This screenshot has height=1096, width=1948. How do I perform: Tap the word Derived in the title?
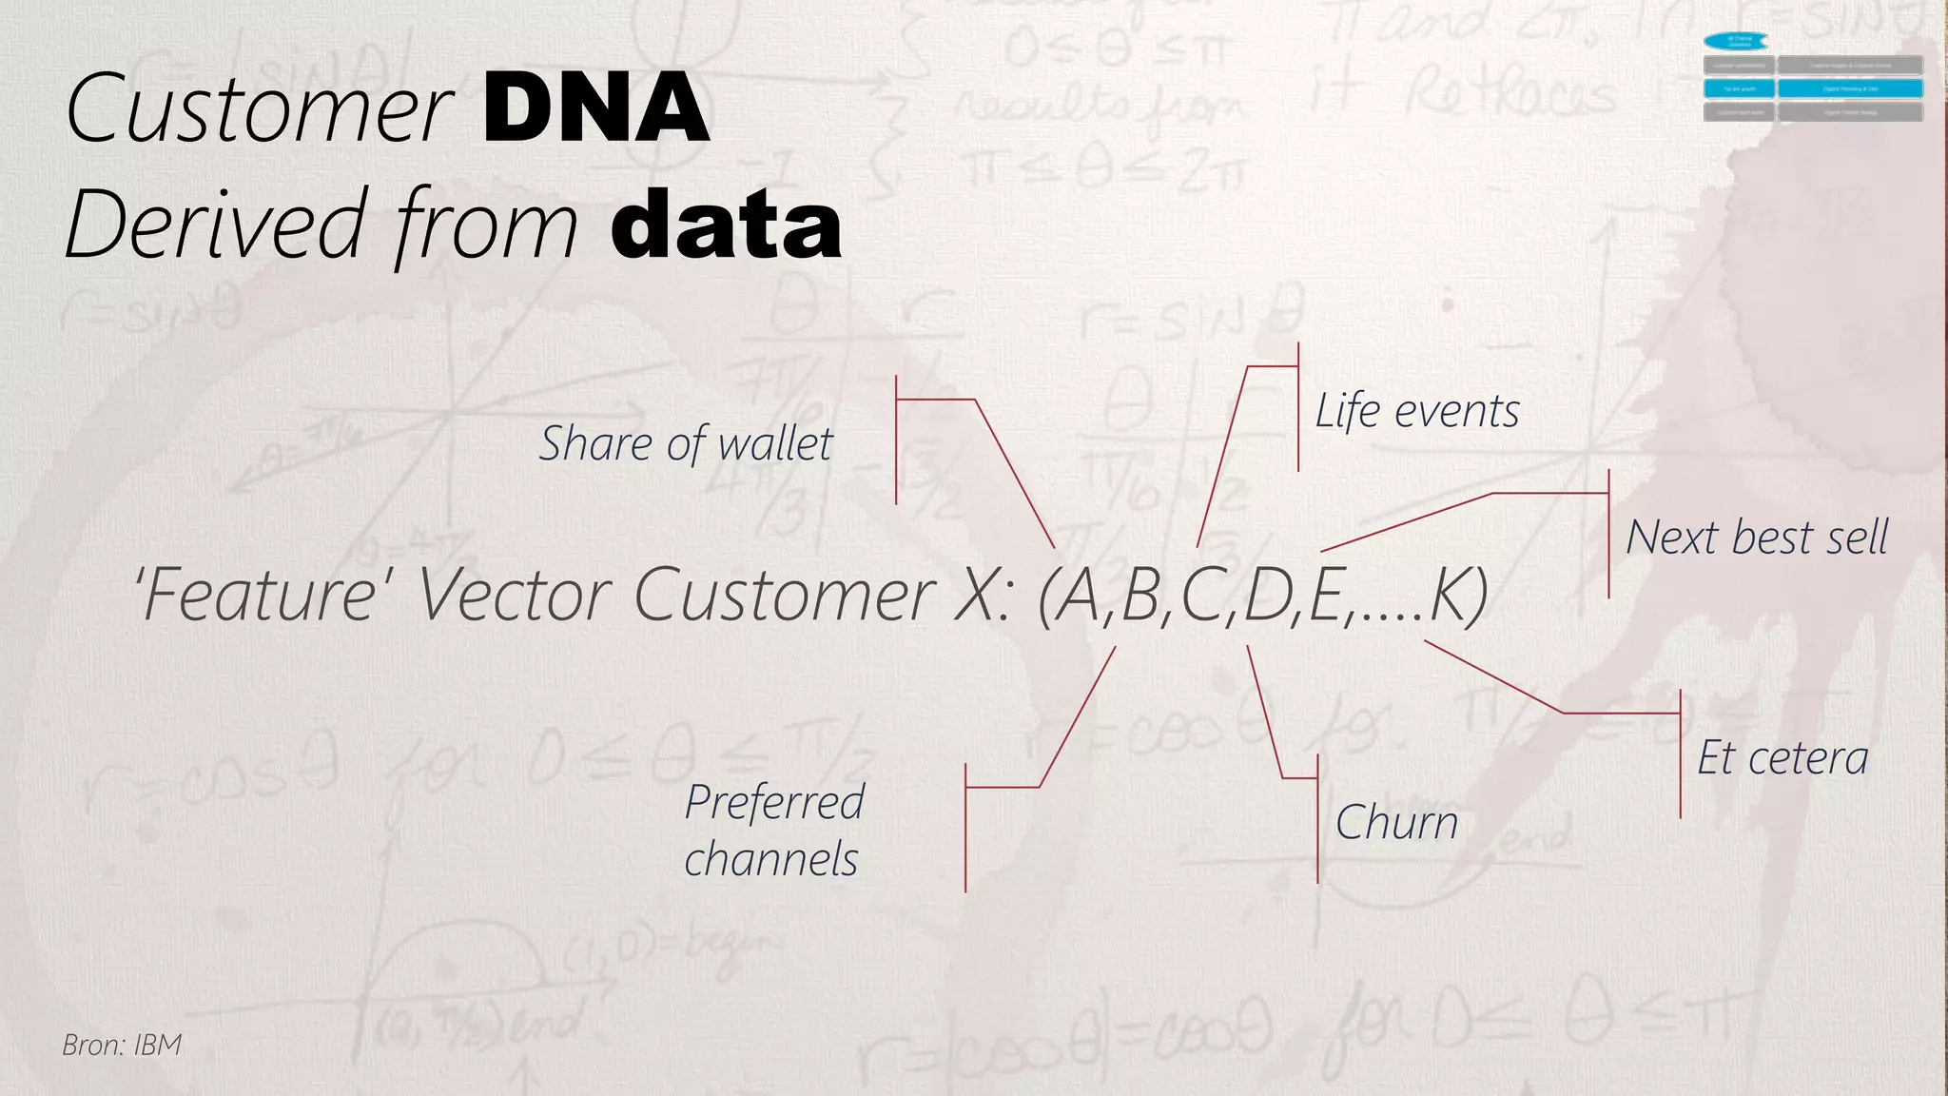point(217,225)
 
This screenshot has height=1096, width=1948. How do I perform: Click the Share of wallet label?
point(686,444)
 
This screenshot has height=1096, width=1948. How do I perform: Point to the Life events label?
point(1417,412)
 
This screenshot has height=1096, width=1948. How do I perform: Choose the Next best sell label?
point(1757,538)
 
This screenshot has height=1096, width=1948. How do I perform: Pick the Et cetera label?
point(1782,758)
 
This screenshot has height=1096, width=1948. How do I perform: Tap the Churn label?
point(1396,823)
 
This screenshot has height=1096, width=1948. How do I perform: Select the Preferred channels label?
point(773,831)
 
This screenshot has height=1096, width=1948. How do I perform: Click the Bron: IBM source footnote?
point(122,1045)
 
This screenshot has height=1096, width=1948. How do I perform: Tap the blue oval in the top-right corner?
point(1736,41)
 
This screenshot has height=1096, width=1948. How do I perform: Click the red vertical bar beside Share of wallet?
point(896,440)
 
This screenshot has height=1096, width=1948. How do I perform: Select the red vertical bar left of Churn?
point(1317,819)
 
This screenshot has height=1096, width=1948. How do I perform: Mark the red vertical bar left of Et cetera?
point(1681,753)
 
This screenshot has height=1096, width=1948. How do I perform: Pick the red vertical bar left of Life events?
point(1298,407)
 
